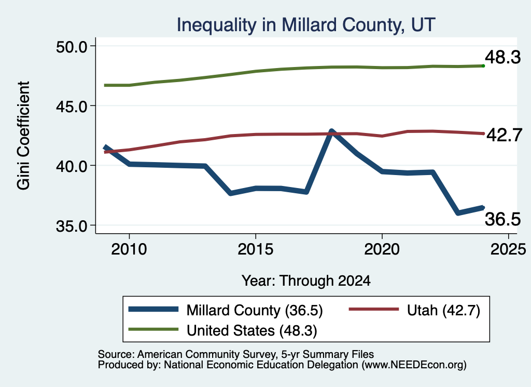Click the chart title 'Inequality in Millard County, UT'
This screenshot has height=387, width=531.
click(x=306, y=25)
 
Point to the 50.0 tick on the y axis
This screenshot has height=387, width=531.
click(x=72, y=46)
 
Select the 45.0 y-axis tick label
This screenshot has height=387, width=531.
click(x=72, y=106)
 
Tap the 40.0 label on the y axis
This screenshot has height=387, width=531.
click(x=72, y=166)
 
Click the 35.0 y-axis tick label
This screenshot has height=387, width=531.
click(x=72, y=225)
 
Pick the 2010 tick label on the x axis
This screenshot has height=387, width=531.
click(x=129, y=249)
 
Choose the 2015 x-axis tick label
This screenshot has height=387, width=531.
click(x=255, y=249)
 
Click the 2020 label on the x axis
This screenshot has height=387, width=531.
click(x=382, y=249)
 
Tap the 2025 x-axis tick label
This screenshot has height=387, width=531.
click(x=508, y=249)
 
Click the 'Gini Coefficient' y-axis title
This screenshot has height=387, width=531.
click(x=23, y=136)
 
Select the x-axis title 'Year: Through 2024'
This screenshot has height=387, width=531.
click(x=306, y=281)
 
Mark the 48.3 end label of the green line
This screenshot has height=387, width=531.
click(x=503, y=57)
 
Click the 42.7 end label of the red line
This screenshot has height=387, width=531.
click(x=504, y=135)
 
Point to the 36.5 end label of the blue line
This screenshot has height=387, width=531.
click(x=502, y=219)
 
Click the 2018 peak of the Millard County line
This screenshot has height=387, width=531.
click(x=331, y=130)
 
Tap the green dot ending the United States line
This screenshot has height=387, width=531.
click(x=483, y=66)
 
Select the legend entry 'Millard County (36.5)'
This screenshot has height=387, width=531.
click(x=226, y=310)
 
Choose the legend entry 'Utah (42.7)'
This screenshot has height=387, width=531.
click(x=414, y=310)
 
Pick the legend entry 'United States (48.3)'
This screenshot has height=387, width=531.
click(x=223, y=330)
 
